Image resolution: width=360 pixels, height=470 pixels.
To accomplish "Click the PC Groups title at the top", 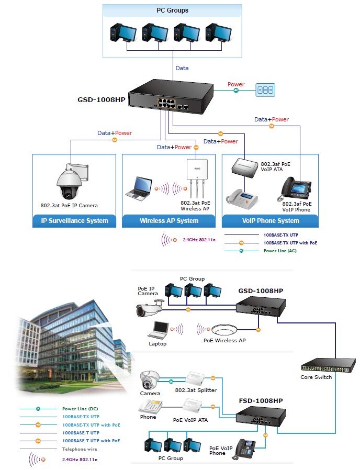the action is point(172,10).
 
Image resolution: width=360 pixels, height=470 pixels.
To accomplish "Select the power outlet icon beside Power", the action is point(265,89).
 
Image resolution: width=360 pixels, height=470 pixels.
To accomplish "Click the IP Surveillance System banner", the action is point(74,221).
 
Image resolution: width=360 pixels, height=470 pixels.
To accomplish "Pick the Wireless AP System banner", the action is point(169,221).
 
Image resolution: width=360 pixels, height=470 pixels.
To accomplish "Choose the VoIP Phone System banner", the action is point(271,221).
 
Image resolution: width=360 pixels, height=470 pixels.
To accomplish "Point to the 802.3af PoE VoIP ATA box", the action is point(244,166).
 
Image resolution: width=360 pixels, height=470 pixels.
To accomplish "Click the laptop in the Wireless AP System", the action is point(139,188).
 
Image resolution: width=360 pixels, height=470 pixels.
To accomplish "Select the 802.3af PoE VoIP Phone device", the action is point(295,189).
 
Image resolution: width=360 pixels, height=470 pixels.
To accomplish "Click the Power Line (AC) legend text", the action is point(280,251).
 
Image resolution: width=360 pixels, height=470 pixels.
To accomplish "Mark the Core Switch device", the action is point(328,365).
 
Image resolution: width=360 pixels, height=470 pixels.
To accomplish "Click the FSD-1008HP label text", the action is point(261,401).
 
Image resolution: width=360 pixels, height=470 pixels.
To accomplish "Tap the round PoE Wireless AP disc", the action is point(224,330).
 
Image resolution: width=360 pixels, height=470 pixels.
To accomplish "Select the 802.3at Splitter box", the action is point(196,378).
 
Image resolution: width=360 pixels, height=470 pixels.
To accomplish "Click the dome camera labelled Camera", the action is point(150,381).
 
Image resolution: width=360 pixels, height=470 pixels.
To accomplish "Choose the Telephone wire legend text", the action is point(80,449).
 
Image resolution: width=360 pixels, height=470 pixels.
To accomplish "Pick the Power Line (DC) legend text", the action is point(80,409).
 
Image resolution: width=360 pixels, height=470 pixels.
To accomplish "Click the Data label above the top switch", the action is point(182,68).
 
